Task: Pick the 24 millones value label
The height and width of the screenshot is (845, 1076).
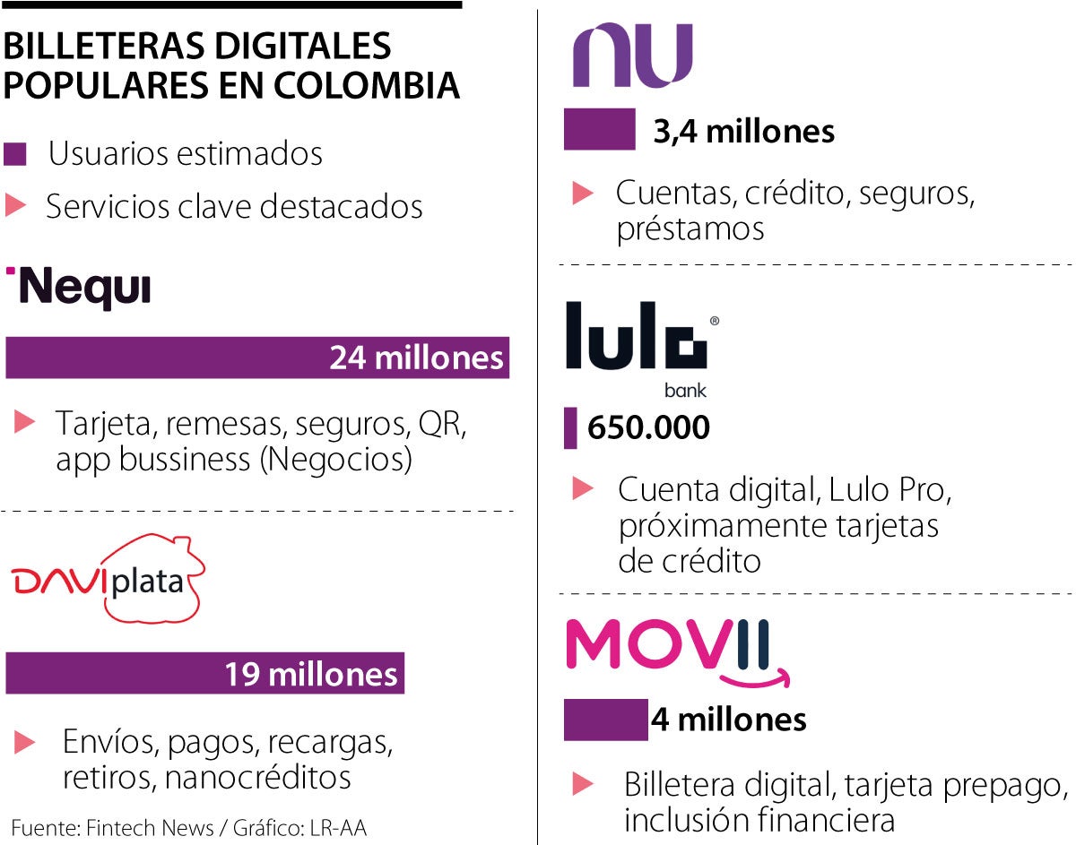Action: [416, 358]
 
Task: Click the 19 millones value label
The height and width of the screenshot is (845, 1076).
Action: [310, 673]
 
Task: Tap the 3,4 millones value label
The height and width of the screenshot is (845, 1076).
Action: [744, 132]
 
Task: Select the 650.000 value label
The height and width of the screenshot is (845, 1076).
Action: [648, 427]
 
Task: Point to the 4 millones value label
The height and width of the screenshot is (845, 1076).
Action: [728, 719]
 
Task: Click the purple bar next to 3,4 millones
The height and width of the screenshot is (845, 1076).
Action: [599, 129]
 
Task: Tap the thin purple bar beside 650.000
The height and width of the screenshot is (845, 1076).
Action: [570, 427]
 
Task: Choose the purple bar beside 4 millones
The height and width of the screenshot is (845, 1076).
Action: [605, 720]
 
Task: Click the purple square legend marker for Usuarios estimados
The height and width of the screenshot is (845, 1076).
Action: [15, 154]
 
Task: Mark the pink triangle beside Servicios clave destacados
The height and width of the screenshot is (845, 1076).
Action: [14, 206]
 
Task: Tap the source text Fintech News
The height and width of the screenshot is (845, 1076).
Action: [150, 828]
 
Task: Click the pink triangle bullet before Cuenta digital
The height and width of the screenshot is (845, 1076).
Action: [583, 488]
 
